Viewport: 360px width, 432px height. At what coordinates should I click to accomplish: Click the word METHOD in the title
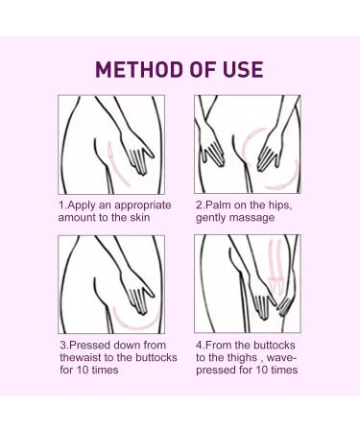(139, 69)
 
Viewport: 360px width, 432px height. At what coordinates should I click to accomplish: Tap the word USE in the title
(243, 69)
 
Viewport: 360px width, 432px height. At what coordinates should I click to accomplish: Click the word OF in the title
(204, 69)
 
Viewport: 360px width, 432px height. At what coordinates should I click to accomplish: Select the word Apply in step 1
(82, 205)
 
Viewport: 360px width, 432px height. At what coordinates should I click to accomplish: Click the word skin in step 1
(140, 217)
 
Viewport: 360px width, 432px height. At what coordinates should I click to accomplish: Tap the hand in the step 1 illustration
(136, 153)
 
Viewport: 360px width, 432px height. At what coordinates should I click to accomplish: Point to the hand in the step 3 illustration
(136, 292)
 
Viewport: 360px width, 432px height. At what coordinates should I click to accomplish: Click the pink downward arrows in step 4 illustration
(276, 267)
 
